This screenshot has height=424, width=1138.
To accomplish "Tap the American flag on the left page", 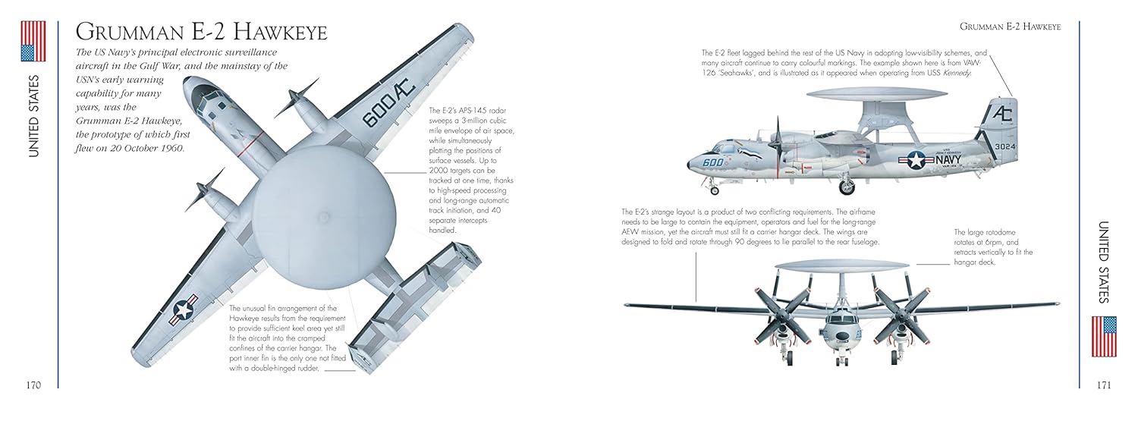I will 33,41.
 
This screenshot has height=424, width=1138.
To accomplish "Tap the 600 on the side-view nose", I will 713,162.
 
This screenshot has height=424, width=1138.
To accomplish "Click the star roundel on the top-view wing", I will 183,309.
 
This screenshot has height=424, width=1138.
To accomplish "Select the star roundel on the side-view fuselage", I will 916,160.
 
